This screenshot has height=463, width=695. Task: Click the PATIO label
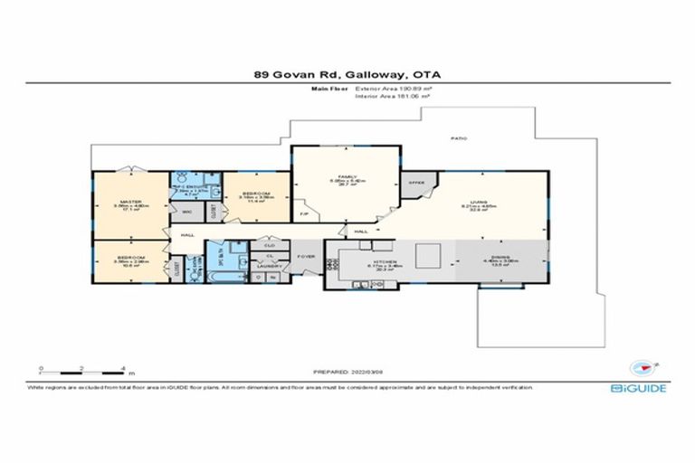pos(460,137)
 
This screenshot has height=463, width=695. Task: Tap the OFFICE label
pos(415,182)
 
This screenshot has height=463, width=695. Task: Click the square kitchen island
pos(429,257)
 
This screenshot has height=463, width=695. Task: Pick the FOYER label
pos(307,256)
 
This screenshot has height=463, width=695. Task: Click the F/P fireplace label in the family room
pos(303,213)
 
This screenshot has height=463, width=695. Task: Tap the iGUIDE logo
pos(639,388)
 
